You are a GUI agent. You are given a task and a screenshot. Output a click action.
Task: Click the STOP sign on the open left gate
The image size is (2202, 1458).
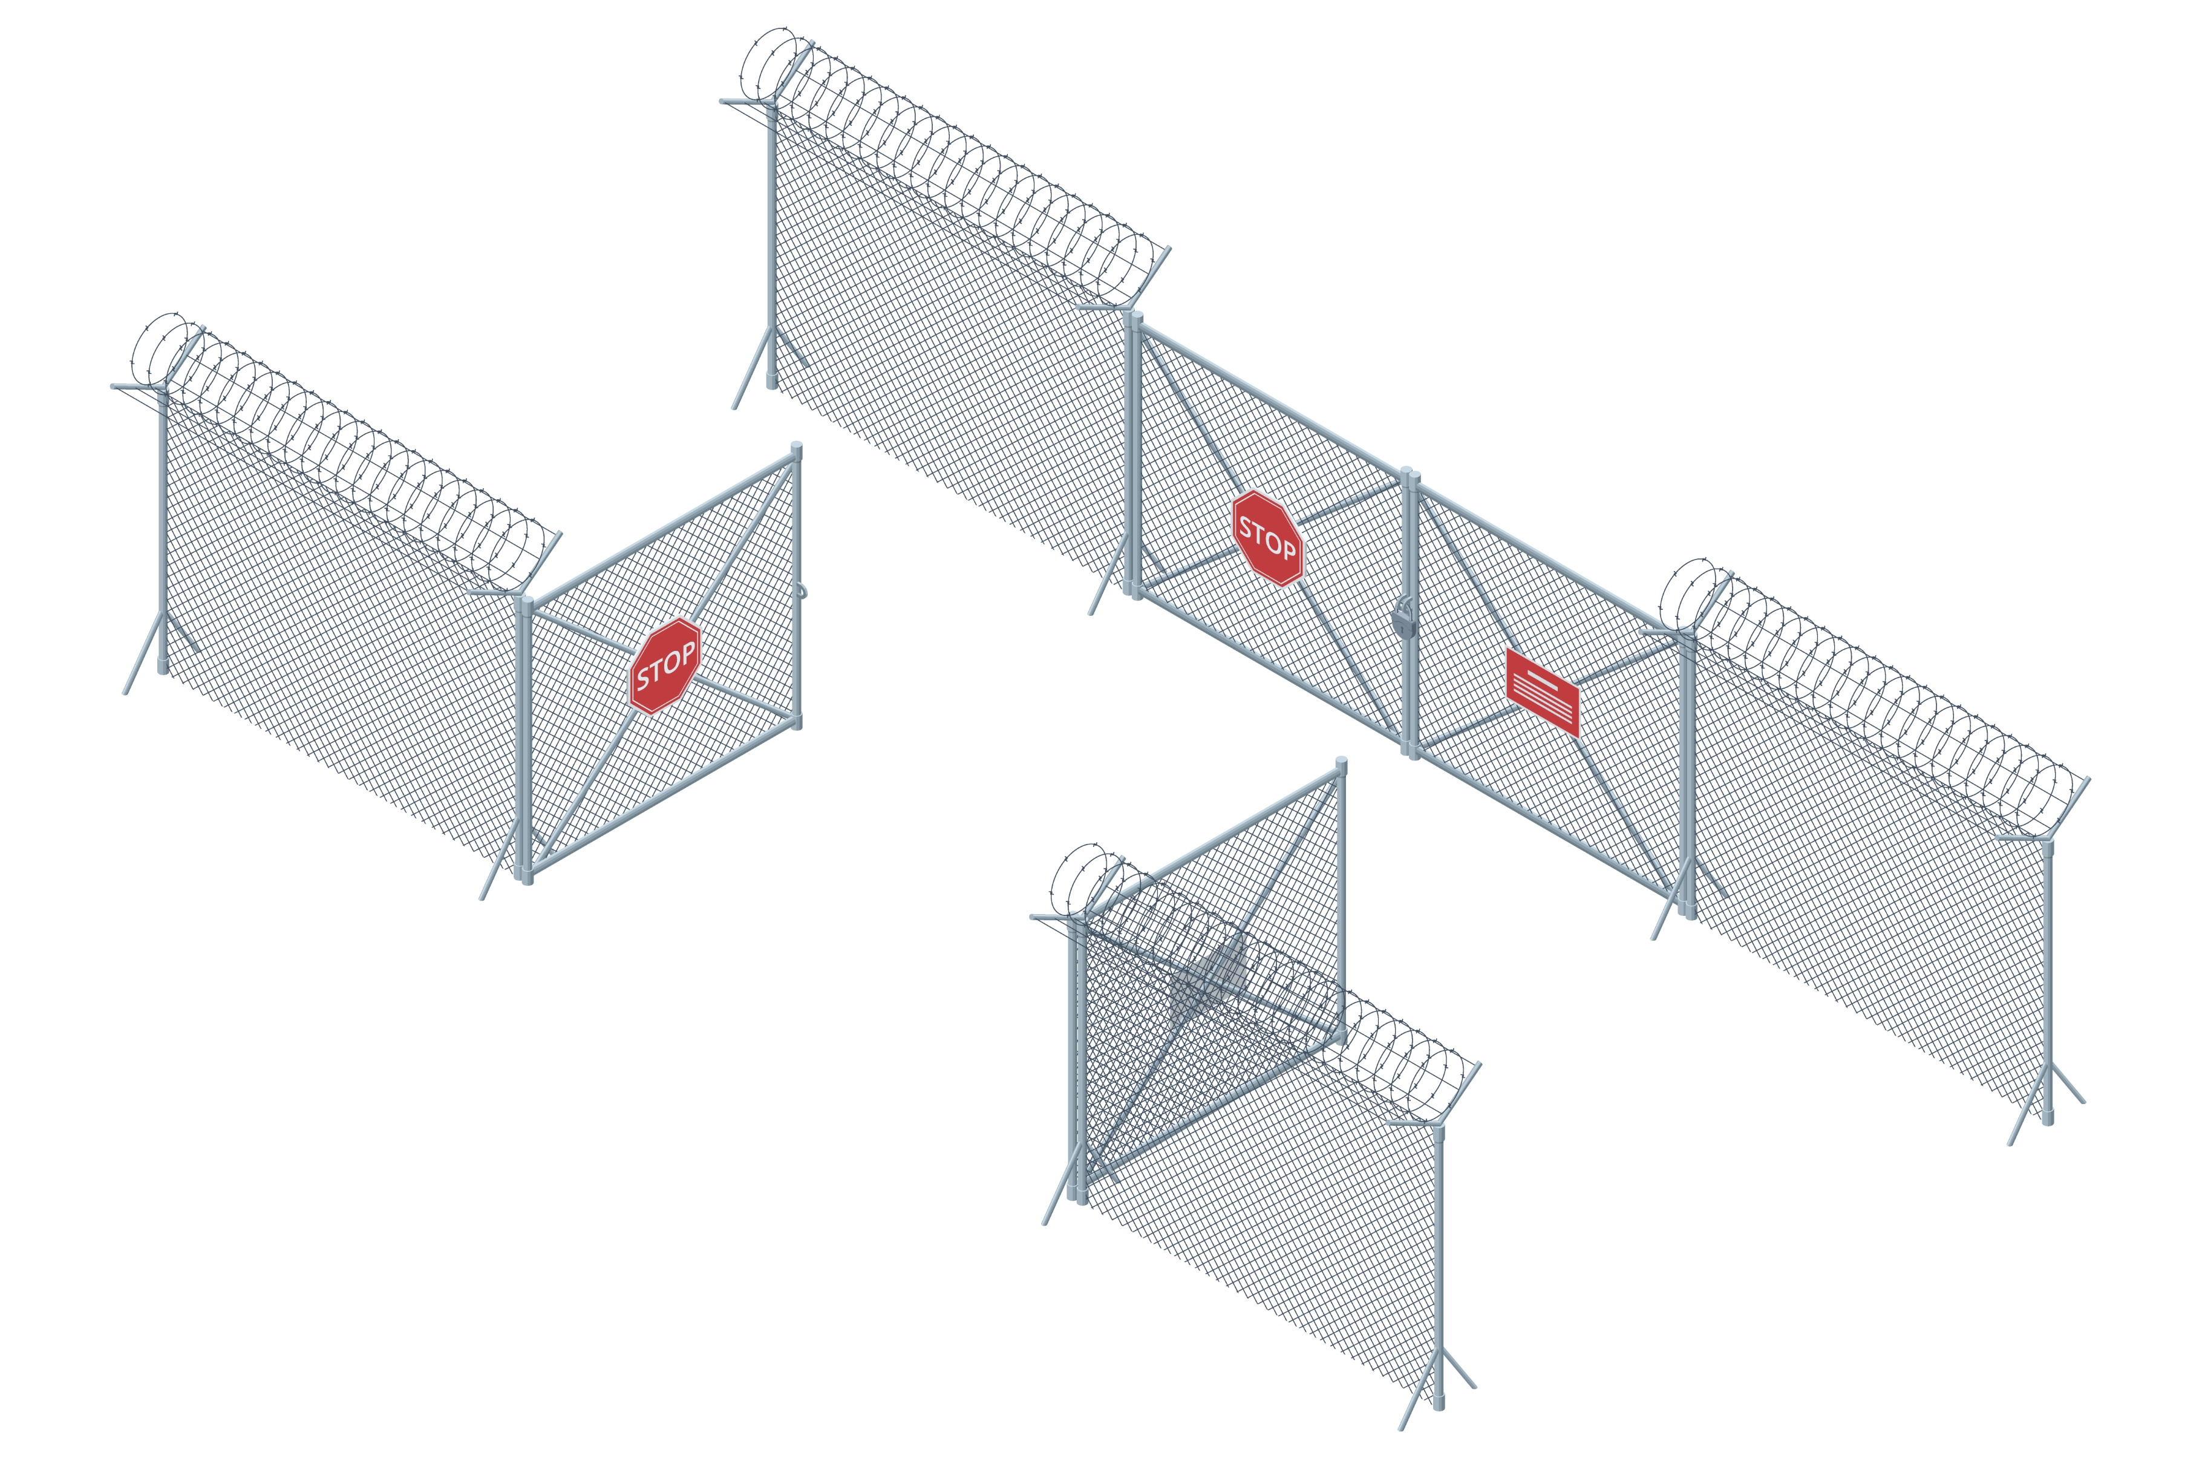pos(665,665)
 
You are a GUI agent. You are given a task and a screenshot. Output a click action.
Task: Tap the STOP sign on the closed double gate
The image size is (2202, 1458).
pos(1267,538)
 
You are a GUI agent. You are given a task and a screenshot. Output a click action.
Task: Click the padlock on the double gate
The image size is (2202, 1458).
pos(1405,618)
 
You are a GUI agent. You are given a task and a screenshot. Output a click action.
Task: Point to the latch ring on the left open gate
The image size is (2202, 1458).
pos(803,590)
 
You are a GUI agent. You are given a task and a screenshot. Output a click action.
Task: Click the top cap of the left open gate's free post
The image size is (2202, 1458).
pos(797,449)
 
